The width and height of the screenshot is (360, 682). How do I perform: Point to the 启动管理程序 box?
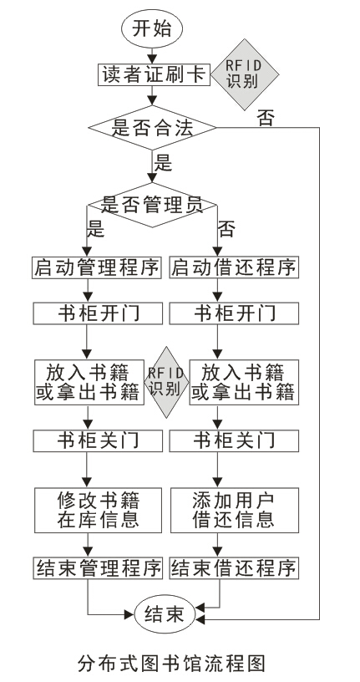point(96,268)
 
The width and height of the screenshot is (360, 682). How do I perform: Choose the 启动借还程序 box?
point(233,268)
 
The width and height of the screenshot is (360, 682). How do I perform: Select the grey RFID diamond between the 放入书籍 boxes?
point(165,380)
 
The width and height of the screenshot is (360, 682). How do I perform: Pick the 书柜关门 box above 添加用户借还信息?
point(233,439)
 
